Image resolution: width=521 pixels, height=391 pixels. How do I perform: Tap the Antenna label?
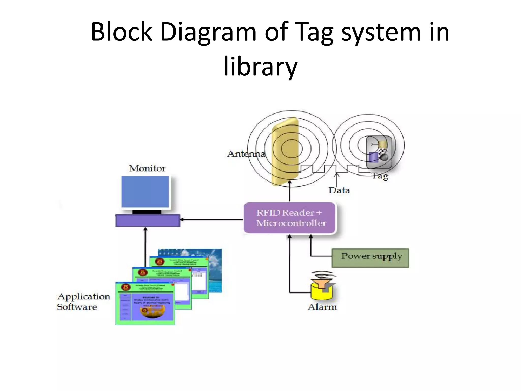point(246,154)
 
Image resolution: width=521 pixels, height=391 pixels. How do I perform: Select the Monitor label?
point(147,169)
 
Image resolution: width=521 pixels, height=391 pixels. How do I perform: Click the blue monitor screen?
point(145,192)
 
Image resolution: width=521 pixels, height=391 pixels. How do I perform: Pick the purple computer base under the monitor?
point(148,220)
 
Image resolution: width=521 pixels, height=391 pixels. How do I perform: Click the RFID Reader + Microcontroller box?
point(290,218)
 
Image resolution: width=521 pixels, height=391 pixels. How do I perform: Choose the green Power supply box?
point(370,258)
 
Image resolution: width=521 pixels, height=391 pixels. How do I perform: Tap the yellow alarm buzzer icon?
point(322,288)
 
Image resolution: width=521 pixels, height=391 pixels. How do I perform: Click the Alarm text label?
point(322,307)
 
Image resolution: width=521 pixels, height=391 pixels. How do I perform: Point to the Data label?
point(339,190)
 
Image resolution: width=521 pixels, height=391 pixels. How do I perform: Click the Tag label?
point(380,176)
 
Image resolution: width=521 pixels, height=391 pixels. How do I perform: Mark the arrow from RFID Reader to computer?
point(211,219)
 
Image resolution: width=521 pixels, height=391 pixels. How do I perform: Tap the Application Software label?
point(83,302)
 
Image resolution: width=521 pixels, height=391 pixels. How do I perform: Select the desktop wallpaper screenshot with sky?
point(215,270)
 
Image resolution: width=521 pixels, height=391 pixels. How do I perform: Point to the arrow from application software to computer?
point(145,242)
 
